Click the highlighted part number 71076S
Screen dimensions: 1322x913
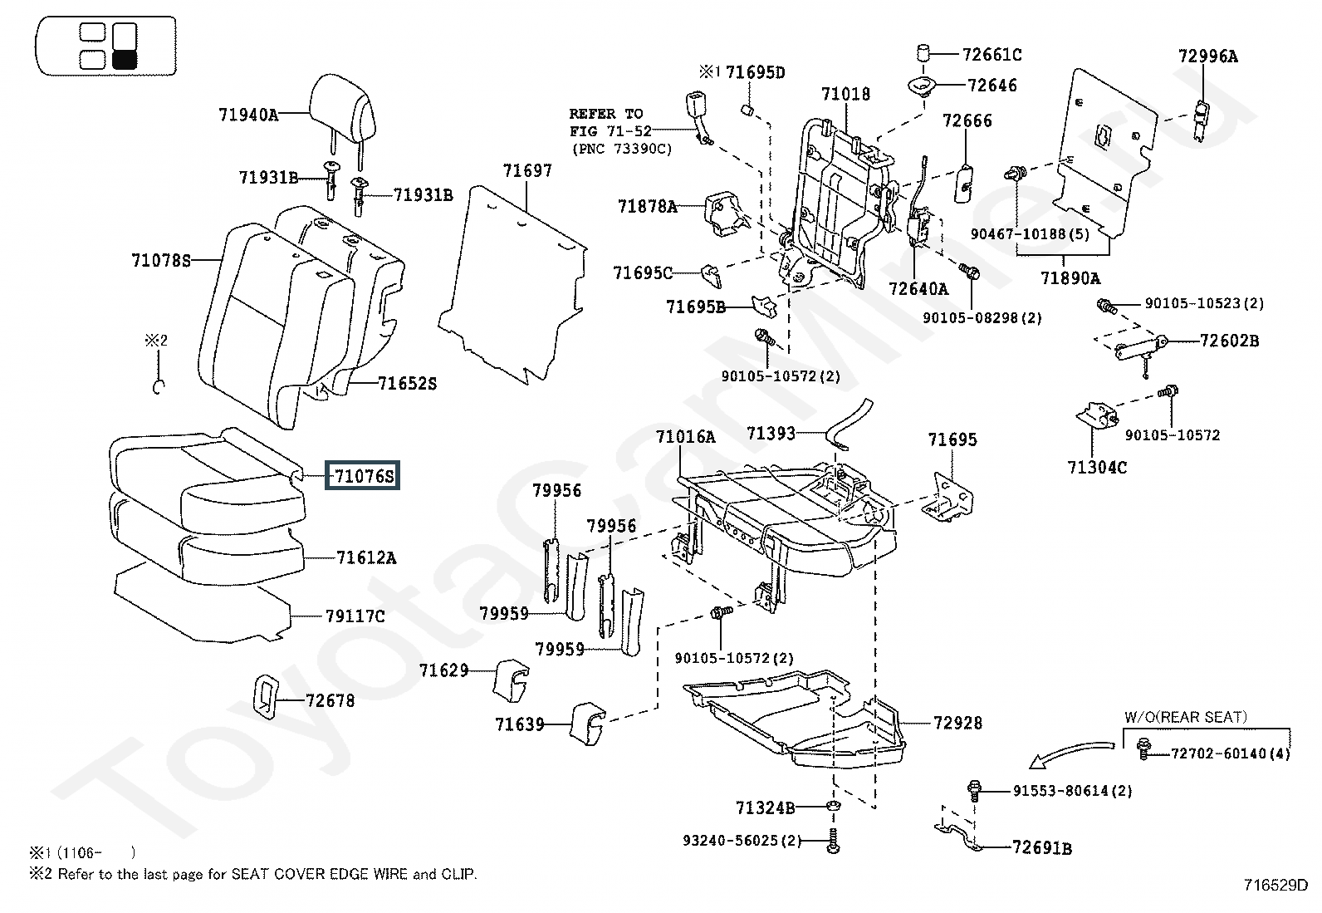pyautogui.click(x=362, y=475)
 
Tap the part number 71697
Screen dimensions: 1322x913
pyautogui.click(x=527, y=170)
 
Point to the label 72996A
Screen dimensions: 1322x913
pyautogui.click(x=1208, y=56)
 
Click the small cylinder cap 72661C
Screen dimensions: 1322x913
pyautogui.click(x=923, y=52)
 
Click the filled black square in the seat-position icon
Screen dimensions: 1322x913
pyautogui.click(x=125, y=60)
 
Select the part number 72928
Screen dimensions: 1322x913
pyautogui.click(x=957, y=723)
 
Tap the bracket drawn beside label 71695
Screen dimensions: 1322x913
pyautogui.click(x=947, y=498)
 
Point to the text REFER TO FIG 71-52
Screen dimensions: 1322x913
pyautogui.click(x=610, y=122)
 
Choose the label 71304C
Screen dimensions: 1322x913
pyautogui.click(x=1097, y=467)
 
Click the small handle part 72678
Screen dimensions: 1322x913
pyautogui.click(x=266, y=697)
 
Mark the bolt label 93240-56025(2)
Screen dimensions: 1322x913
pyautogui.click(x=742, y=840)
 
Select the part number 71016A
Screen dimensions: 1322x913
pyautogui.click(x=685, y=436)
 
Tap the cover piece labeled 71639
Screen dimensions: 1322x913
pyautogui.click(x=587, y=724)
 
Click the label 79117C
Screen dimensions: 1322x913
pyautogui.click(x=355, y=616)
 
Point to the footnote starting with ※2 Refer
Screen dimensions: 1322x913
pyautogui.click(x=253, y=873)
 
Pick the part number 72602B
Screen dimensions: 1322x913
pyautogui.click(x=1229, y=341)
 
